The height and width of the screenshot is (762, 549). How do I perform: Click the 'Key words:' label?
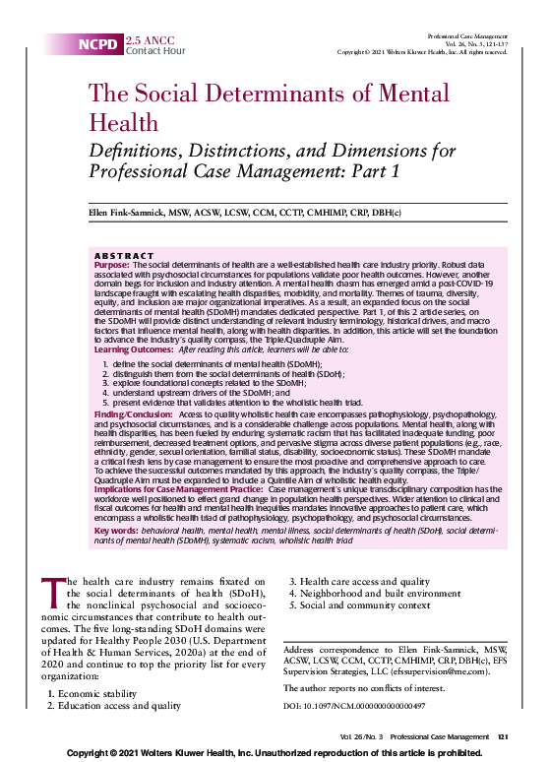click(x=115, y=530)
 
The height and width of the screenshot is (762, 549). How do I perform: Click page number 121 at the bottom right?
click(x=502, y=737)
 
